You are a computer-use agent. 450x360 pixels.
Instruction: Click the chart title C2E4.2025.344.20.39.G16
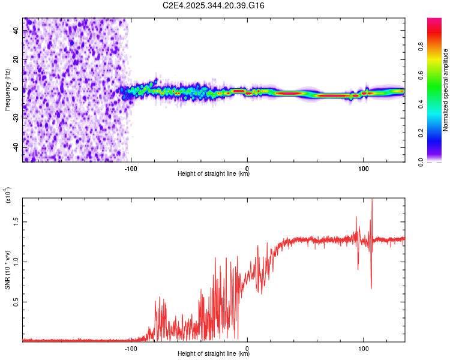coord(214,5)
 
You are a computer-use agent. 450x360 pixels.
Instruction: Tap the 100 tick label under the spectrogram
coord(364,169)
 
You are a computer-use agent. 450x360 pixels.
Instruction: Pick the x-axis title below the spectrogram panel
coord(214,175)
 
